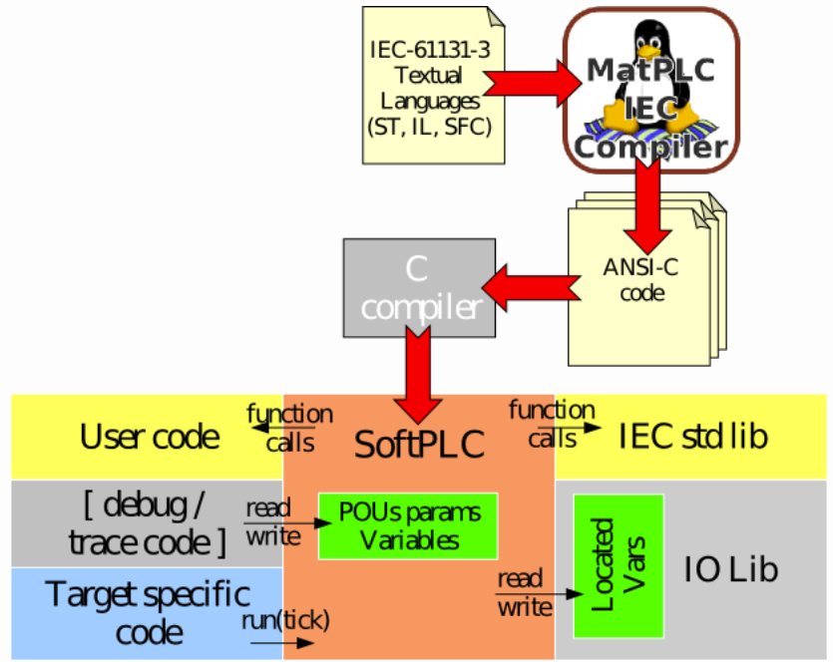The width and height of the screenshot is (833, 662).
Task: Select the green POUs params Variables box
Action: click(407, 525)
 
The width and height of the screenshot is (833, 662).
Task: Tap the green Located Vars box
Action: click(611, 564)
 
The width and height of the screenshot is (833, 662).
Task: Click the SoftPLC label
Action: click(419, 444)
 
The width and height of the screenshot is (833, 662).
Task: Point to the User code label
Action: click(150, 437)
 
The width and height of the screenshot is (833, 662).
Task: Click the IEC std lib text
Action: click(693, 437)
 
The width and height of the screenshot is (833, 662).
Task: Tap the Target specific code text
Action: click(148, 613)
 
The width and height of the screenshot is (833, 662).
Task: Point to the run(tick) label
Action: click(285, 621)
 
